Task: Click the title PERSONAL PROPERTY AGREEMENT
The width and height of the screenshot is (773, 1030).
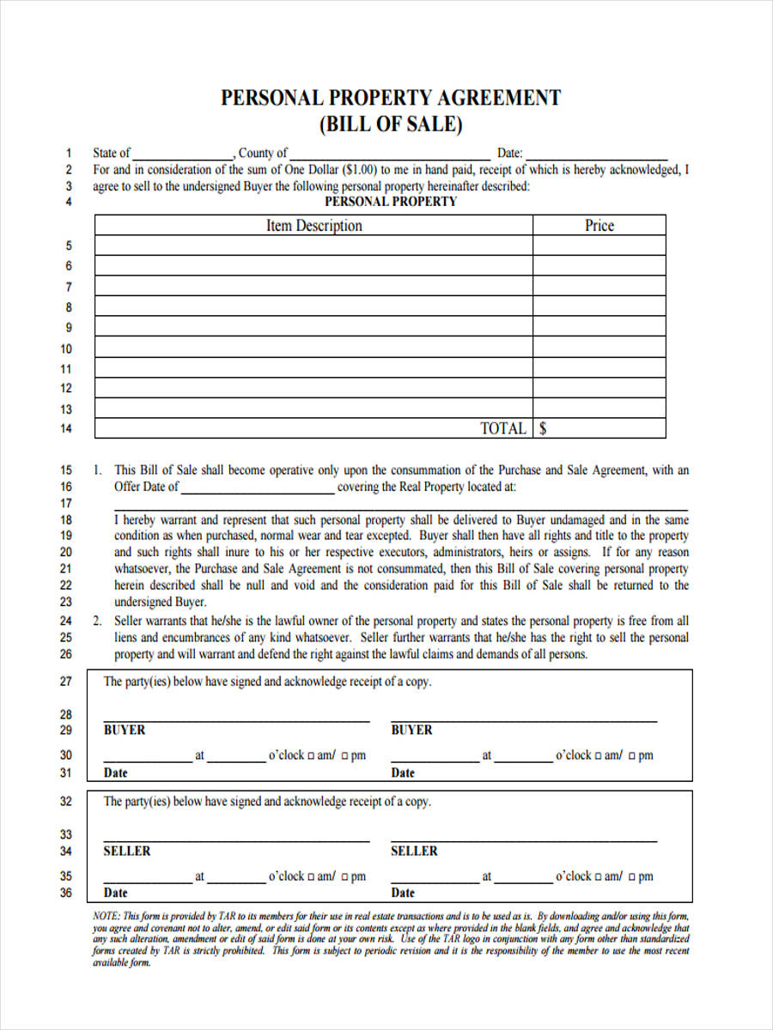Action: tap(391, 98)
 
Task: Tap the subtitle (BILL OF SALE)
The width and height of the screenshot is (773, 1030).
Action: tap(391, 125)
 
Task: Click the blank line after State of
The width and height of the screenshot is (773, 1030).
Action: tap(183, 154)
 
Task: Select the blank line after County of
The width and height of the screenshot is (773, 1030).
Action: tap(390, 154)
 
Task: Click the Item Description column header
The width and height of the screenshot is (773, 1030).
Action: tap(313, 226)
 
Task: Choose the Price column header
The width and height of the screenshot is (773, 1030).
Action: tap(599, 226)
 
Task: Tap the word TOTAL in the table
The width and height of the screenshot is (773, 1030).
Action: tap(502, 428)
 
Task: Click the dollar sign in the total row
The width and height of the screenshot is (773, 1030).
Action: tap(543, 428)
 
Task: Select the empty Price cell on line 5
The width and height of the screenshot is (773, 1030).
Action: tap(599, 245)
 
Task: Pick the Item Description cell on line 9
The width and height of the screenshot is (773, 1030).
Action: tap(313, 327)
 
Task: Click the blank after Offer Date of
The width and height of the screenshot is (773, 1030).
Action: tap(258, 488)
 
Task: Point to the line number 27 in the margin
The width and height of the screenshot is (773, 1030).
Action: tap(66, 682)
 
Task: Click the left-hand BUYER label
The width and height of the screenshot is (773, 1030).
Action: tap(125, 730)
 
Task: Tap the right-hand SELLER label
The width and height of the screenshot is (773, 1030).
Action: tap(414, 851)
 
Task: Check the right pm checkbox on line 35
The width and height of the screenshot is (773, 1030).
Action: tap(632, 877)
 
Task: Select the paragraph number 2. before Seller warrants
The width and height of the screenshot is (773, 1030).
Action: tap(98, 621)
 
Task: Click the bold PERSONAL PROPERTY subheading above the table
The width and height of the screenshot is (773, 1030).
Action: tap(391, 202)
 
